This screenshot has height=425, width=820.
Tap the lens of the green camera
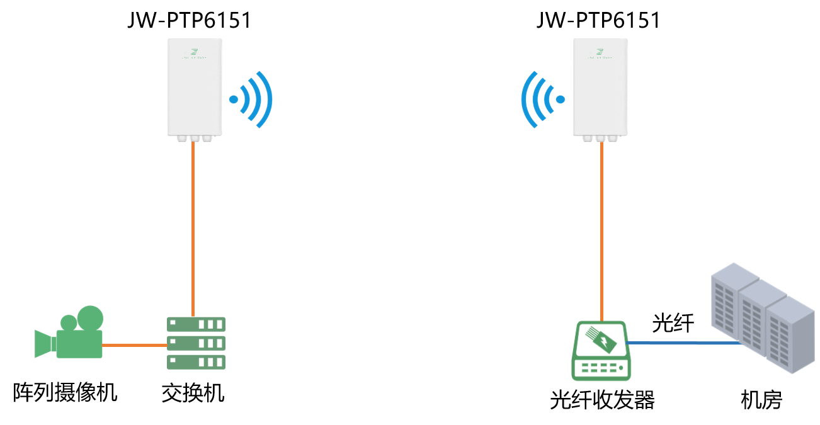(43, 343)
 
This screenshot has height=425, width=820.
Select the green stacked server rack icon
(196, 343)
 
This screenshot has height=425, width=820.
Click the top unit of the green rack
(196, 324)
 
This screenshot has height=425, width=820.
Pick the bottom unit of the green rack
(196, 362)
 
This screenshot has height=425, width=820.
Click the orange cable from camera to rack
(134, 345)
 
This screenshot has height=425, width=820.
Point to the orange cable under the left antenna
(193, 227)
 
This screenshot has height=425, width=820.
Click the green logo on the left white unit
(195, 52)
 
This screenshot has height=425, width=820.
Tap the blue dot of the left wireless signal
(234, 99)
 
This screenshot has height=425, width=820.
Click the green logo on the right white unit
(600, 52)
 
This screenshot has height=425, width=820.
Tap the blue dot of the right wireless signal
(560, 99)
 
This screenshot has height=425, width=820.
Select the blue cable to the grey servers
(683, 343)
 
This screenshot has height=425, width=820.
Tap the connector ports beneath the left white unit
(194, 138)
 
